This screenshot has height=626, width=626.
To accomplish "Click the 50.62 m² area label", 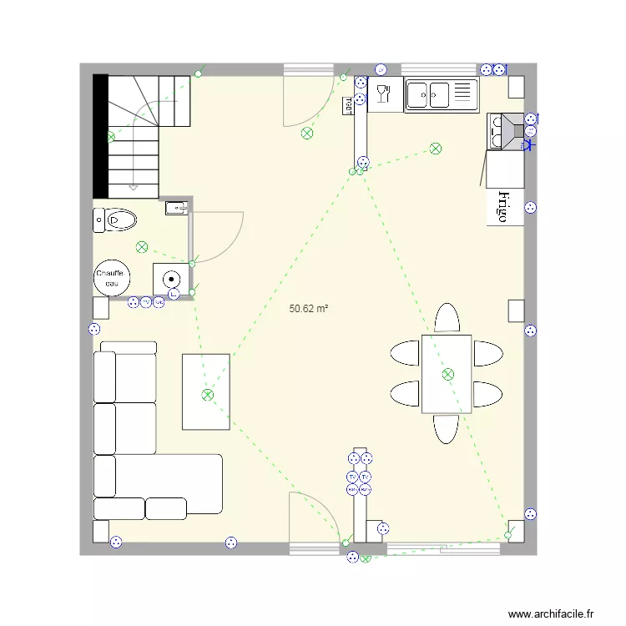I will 308,309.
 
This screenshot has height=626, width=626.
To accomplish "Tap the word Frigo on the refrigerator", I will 503,206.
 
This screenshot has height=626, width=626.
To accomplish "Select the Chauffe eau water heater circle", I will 110,279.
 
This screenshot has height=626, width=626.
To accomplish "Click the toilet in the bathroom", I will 116,220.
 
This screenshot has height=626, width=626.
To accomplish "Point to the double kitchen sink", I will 441,95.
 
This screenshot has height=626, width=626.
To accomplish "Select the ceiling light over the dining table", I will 448,374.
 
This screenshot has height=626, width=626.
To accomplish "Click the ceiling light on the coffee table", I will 207,395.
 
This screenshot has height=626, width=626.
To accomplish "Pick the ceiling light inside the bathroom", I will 142,246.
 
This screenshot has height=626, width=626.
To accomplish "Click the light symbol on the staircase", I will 110,137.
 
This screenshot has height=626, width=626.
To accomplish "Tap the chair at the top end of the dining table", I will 447,318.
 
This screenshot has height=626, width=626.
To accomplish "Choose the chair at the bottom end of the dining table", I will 447,429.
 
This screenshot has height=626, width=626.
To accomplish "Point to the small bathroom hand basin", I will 174,208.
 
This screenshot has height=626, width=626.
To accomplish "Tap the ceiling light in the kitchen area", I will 435,149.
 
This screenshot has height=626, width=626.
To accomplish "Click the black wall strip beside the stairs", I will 100,136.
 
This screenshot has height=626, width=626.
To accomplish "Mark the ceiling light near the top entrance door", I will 307,133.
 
